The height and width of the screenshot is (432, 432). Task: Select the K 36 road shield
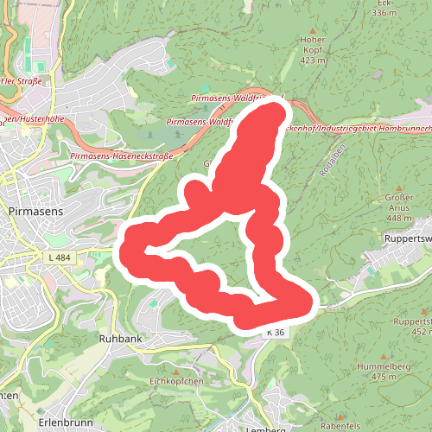coord(276,332)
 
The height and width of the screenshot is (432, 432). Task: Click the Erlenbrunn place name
coord(64,422)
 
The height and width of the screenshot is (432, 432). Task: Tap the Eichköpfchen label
coord(175,381)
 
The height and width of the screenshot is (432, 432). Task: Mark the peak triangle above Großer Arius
coord(399,188)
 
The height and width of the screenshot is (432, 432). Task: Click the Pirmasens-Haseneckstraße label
coord(122,156)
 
